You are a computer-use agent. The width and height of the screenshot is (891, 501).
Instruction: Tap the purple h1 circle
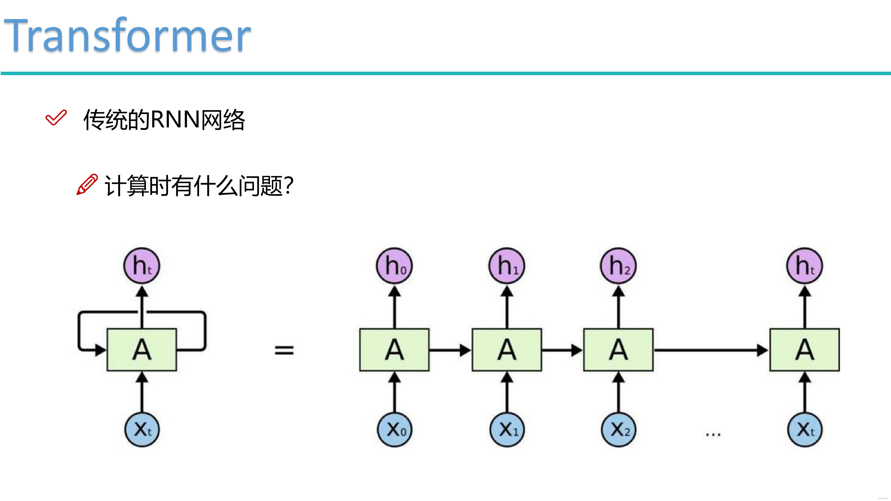[507, 265]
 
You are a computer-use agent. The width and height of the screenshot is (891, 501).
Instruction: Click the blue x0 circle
[394, 430]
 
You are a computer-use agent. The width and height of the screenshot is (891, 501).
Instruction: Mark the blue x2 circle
[619, 430]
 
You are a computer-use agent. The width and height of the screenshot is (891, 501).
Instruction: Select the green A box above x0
[394, 349]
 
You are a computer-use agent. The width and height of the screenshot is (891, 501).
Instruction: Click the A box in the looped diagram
[142, 349]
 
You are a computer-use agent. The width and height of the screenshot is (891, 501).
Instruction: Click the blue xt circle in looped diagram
[142, 430]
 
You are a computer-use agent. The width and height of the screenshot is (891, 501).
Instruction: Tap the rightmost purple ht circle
[805, 265]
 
